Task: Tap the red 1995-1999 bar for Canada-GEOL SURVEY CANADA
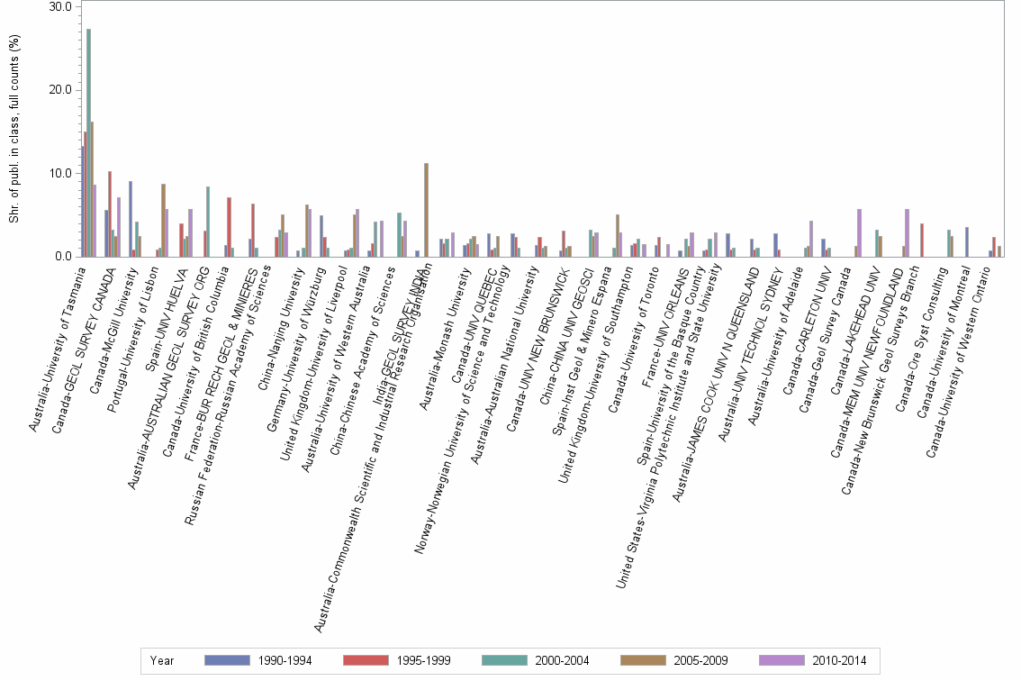[110, 213]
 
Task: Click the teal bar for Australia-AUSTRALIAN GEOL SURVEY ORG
[208, 222]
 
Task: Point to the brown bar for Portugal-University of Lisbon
[163, 221]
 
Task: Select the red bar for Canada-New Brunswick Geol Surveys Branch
[923, 240]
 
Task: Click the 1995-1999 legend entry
[397, 661]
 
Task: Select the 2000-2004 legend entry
[536, 661]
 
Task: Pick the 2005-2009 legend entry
[673, 661]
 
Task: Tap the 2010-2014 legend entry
[812, 661]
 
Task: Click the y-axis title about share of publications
[14, 132]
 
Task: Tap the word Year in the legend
[163, 661]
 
